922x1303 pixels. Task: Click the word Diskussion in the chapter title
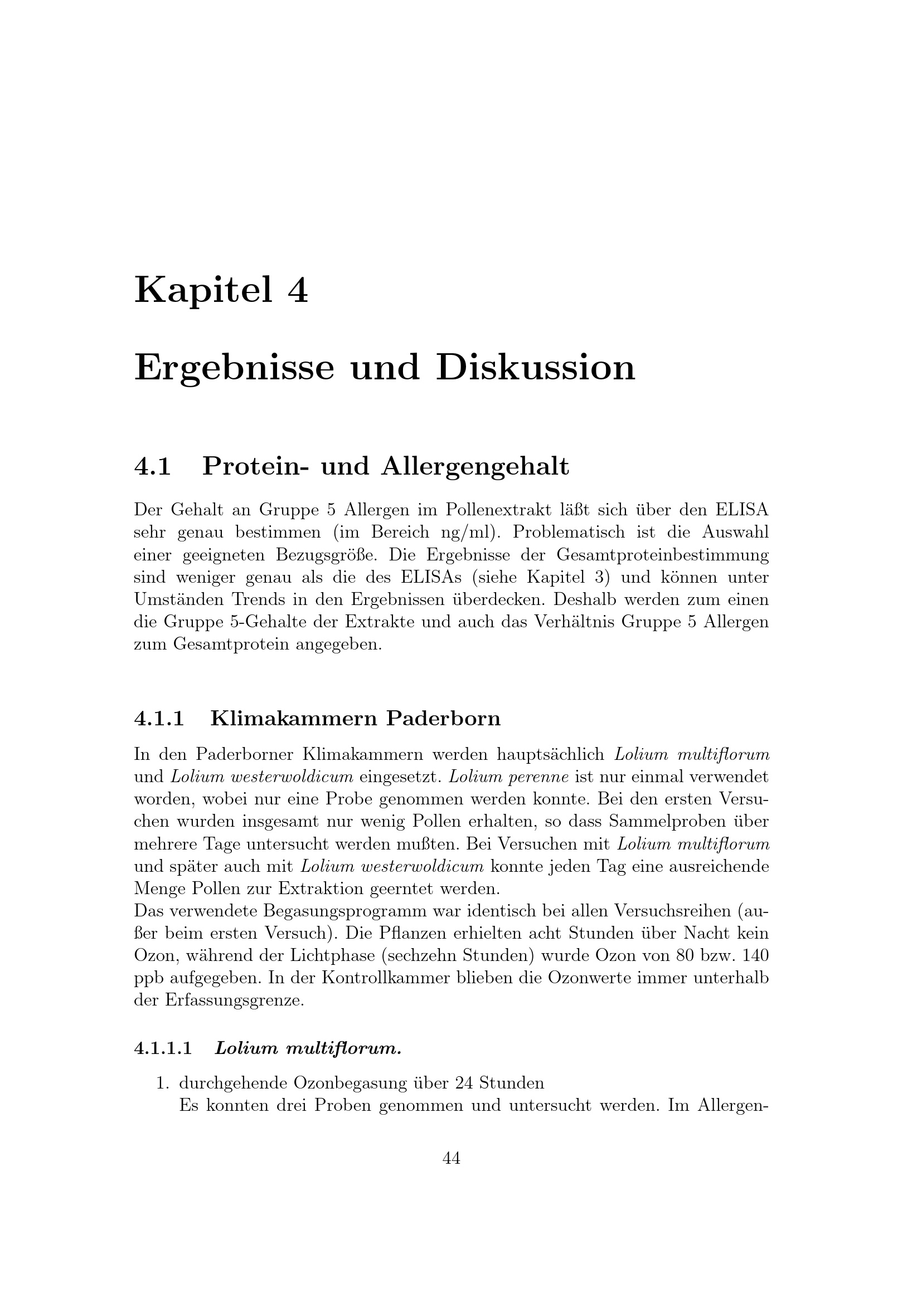coord(535,368)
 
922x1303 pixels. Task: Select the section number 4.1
coord(153,466)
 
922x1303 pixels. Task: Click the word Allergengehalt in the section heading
coord(474,467)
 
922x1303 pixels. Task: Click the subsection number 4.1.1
coord(159,719)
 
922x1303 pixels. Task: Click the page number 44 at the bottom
coord(452,1159)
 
